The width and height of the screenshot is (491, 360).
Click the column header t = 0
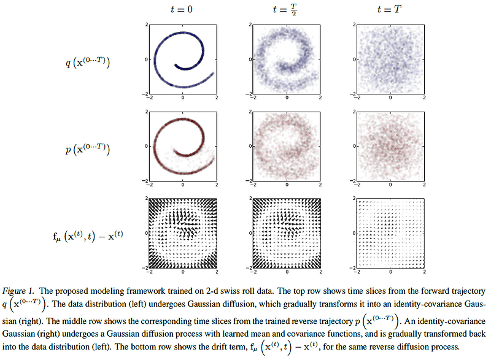183,9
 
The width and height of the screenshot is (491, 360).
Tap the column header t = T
391,9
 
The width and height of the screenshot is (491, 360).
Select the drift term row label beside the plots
85,234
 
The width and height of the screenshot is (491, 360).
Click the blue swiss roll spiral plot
183,59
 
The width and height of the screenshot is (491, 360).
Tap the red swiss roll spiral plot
183,147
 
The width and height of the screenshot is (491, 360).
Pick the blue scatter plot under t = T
391,59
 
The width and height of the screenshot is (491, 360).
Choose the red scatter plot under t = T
391,147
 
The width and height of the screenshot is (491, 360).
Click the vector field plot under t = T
391,234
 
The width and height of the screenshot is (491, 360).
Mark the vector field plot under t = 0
183,234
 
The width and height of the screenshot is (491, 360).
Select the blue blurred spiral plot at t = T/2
287,59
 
